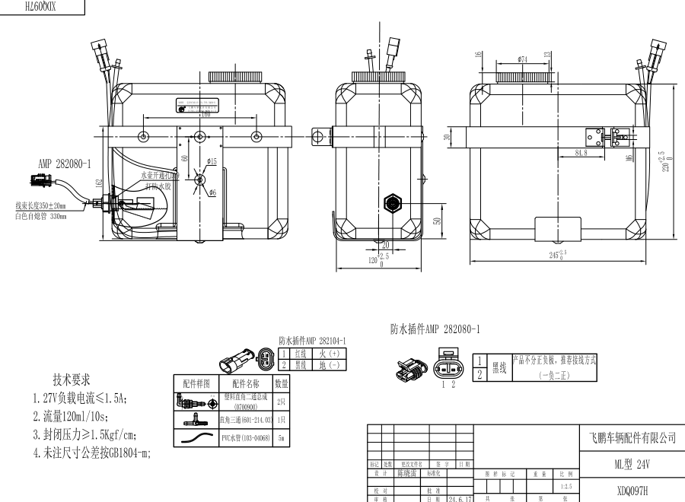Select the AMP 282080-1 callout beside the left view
pos(64,163)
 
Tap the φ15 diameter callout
pos(212,161)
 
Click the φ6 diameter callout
pos(214,192)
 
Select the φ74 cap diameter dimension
pos(523,59)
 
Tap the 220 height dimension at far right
pos(664,162)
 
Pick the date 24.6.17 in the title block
pos(460,499)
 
